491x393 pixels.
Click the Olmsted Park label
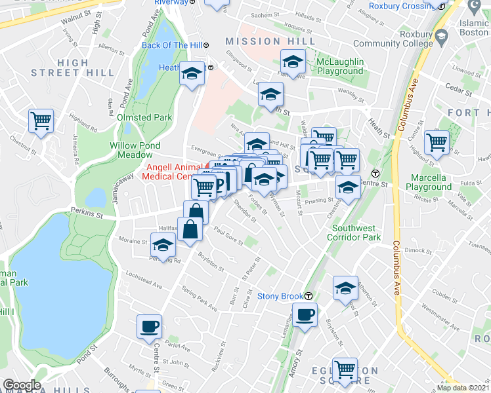[144, 117]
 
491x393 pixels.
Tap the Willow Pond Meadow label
[135, 150]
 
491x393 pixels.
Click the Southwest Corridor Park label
[354, 232]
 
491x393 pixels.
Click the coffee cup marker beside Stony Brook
[304, 315]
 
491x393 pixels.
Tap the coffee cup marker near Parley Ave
[149, 326]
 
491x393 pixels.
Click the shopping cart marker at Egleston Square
[345, 369]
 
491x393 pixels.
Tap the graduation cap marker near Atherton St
[345, 288]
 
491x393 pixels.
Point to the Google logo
[22, 386]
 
